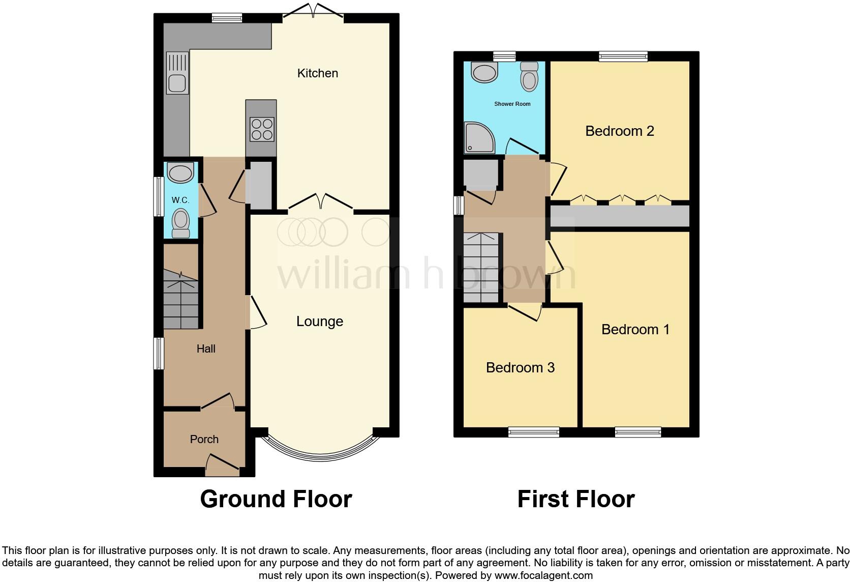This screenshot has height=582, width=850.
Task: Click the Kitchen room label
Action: pos(317,73)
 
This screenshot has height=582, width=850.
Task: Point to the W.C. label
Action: pos(180,200)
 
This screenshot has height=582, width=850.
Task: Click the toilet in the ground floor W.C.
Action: pos(180,224)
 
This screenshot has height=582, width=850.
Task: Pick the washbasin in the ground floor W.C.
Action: pos(181,173)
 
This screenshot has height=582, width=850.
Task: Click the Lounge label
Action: pos(320,322)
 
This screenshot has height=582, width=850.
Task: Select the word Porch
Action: pos(204,439)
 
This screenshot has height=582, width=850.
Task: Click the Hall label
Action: pos(206,349)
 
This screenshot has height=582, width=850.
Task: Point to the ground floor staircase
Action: pos(180,300)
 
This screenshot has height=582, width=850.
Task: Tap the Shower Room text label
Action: pos(512,104)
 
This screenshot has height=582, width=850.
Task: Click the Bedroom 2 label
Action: pos(619,131)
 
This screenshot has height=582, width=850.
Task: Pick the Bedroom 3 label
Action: pos(520,368)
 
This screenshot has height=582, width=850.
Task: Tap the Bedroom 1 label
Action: pos(635,330)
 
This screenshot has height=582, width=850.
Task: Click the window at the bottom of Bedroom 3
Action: pos(534,432)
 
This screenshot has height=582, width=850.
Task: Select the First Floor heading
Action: pos(575,500)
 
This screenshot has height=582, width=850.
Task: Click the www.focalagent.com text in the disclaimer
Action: pos(543,576)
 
